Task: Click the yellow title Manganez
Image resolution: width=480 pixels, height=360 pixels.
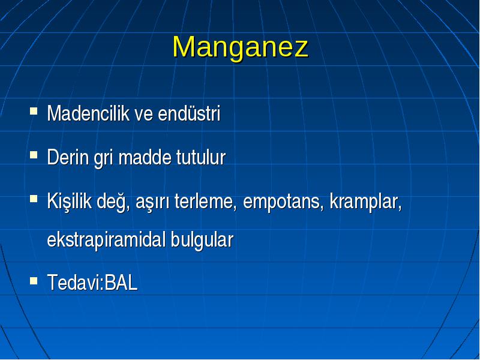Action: pyautogui.click(x=241, y=47)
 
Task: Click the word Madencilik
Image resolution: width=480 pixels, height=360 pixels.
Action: pyautogui.click(x=88, y=113)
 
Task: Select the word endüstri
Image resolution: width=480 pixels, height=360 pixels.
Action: pyautogui.click(x=189, y=113)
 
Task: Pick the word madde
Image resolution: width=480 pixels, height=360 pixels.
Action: pyautogui.click(x=145, y=157)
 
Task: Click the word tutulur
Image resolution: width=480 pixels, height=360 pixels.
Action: pyautogui.click(x=201, y=157)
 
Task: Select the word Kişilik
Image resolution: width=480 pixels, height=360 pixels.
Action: pyautogui.click(x=70, y=202)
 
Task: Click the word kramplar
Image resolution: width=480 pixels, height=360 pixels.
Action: pyautogui.click(x=366, y=202)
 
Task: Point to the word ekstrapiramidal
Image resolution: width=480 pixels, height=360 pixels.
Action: pyautogui.click(x=107, y=240)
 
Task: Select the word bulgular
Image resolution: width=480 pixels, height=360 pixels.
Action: pyautogui.click(x=202, y=240)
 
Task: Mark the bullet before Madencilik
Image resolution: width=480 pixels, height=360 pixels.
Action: pyautogui.click(x=34, y=110)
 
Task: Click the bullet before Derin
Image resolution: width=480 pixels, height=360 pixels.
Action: pyautogui.click(x=34, y=155)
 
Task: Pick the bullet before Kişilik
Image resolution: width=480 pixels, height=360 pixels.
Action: pyautogui.click(x=34, y=199)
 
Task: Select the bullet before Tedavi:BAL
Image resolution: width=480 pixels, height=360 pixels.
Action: pyautogui.click(x=34, y=280)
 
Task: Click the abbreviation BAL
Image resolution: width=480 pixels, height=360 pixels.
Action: pyautogui.click(x=121, y=282)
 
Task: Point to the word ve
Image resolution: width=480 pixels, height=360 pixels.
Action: pyautogui.click(x=143, y=115)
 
